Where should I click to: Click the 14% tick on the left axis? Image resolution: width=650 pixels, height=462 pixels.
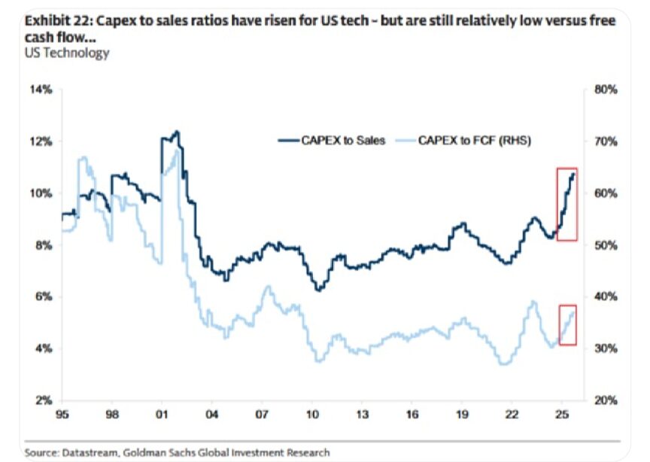tap(41, 90)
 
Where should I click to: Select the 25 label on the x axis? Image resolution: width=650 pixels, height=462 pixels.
tap(561, 415)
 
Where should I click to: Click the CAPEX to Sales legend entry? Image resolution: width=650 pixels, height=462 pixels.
tap(332, 141)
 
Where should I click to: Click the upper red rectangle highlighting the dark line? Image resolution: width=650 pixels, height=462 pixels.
tap(566, 204)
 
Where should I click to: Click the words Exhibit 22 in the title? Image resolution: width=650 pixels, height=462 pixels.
tap(53, 21)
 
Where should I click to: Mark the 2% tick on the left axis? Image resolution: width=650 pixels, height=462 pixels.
tap(44, 400)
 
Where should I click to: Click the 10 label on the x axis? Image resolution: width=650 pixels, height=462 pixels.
tap(312, 415)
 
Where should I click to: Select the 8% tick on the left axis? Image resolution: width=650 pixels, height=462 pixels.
tap(44, 245)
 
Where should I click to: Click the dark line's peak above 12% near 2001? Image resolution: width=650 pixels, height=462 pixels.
tap(176, 132)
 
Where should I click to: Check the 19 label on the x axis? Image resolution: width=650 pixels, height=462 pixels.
tap(461, 415)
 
